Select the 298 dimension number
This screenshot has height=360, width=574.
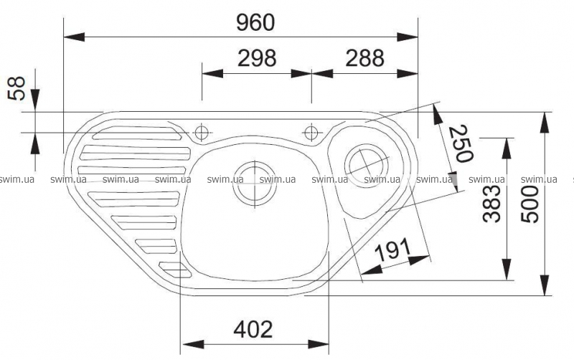point(256,58)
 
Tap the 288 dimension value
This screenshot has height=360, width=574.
point(364,58)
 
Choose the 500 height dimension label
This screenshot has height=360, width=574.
point(529,203)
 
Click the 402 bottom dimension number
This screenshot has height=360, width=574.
point(253,329)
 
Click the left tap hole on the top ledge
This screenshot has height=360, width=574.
point(202,132)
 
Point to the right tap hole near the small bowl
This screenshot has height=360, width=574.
point(311,132)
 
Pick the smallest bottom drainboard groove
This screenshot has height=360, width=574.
point(175,269)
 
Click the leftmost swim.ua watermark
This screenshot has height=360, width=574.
point(17,180)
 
